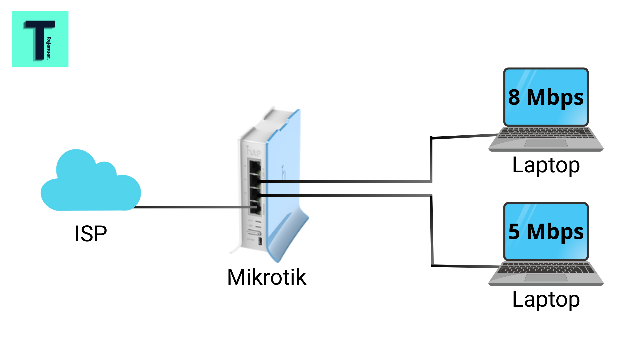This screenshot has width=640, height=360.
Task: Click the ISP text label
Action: (x=91, y=234)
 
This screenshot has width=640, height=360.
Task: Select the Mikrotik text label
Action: (x=266, y=277)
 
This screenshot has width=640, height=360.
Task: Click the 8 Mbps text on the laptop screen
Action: (x=546, y=97)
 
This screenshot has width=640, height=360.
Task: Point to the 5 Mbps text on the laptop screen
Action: (x=546, y=232)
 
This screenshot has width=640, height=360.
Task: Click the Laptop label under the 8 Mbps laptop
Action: (x=546, y=165)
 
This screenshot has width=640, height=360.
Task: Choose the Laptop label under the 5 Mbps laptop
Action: (x=546, y=300)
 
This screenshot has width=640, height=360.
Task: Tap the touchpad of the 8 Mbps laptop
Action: (x=546, y=143)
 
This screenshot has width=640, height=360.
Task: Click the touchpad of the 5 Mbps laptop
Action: (x=546, y=278)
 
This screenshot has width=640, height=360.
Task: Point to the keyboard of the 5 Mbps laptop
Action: (x=546, y=268)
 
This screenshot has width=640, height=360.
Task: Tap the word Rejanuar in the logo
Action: (x=49, y=48)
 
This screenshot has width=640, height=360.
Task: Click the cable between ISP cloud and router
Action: (x=193, y=207)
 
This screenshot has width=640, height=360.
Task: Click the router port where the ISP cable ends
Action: (x=255, y=208)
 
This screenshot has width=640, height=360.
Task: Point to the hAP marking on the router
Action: (x=254, y=152)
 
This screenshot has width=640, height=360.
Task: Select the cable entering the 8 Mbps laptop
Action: (x=467, y=136)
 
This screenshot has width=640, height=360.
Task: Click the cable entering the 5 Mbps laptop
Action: (x=467, y=266)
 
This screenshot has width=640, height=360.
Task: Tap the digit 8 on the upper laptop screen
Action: (x=514, y=97)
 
